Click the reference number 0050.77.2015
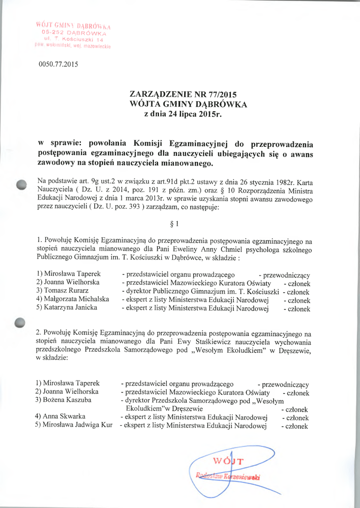pyautogui.click(x=58, y=64)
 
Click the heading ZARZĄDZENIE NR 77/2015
pyautogui.click(x=183, y=95)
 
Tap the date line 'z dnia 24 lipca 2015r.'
pyautogui.click(x=181, y=114)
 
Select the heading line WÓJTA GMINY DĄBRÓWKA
pyautogui.click(x=188, y=104)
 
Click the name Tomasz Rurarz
pyautogui.click(x=63, y=291)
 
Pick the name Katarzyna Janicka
pyautogui.click(x=67, y=308)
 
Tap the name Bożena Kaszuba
pyautogui.click(x=64, y=400)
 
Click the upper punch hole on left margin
pyautogui.click(x=20, y=185)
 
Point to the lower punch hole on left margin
pyautogui.click(x=20, y=322)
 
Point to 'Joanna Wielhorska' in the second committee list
pyautogui.click(x=67, y=391)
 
